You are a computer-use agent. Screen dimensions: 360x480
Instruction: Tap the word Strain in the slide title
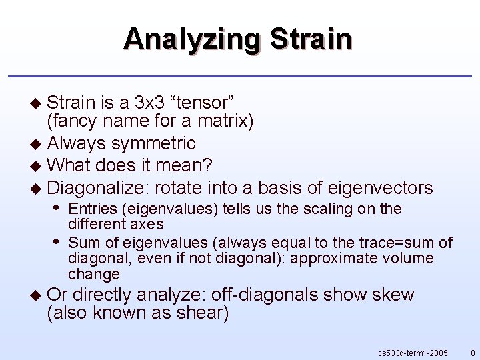(311, 39)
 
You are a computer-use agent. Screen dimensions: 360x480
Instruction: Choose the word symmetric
(153, 143)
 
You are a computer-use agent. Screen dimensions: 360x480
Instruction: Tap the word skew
(394, 294)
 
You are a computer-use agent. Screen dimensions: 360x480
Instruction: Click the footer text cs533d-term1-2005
(413, 352)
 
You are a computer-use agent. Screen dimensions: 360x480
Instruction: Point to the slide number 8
(473, 352)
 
